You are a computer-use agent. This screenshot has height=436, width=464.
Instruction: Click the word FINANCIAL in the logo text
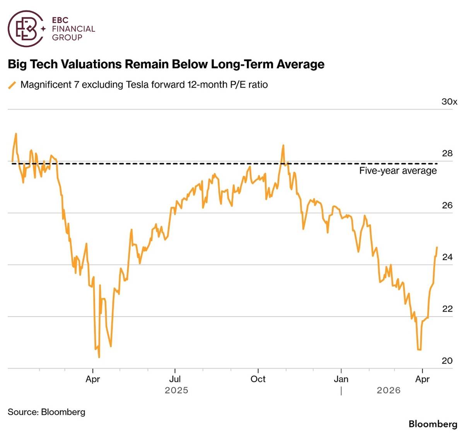click(73, 29)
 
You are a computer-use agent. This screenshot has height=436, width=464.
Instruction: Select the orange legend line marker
click(12, 85)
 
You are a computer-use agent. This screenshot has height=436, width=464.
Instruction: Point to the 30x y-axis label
click(449, 102)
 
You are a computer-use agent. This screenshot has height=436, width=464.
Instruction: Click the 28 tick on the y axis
click(447, 153)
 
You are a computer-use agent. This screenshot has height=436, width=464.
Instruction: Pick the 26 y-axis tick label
click(447, 205)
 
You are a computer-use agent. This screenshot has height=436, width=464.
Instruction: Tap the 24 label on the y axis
click(447, 257)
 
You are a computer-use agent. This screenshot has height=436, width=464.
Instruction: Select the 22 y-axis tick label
click(447, 309)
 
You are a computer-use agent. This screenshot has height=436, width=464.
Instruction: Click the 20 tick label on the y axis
click(447, 361)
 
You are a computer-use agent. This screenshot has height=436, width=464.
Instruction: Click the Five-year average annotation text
click(397, 171)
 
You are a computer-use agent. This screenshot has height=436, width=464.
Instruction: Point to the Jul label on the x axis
click(175, 379)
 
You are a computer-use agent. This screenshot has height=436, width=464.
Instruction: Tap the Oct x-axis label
click(258, 379)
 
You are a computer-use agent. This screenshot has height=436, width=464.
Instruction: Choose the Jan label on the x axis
click(341, 379)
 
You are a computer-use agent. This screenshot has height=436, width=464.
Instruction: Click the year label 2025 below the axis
click(176, 390)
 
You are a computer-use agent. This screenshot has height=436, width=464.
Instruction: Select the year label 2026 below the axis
click(389, 390)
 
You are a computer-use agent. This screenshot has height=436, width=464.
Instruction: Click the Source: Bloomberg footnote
click(46, 412)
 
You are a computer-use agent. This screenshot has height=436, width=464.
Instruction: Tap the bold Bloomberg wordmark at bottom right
click(433, 424)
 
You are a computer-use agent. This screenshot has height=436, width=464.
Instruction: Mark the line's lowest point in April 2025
click(99, 357)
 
